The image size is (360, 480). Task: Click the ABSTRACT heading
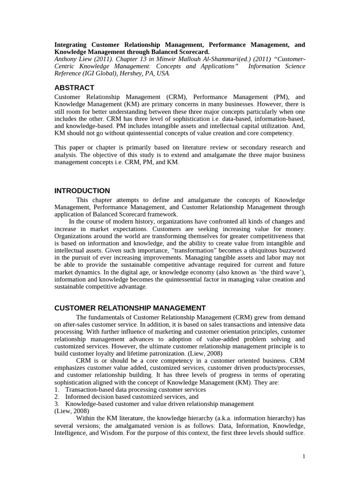point(74,88)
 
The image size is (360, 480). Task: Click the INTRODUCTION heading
point(82,191)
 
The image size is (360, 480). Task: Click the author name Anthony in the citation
point(68,59)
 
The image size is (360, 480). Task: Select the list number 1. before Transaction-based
point(57,390)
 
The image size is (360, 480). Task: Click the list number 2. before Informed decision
point(57,397)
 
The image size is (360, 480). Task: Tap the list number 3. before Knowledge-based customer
point(57,404)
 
